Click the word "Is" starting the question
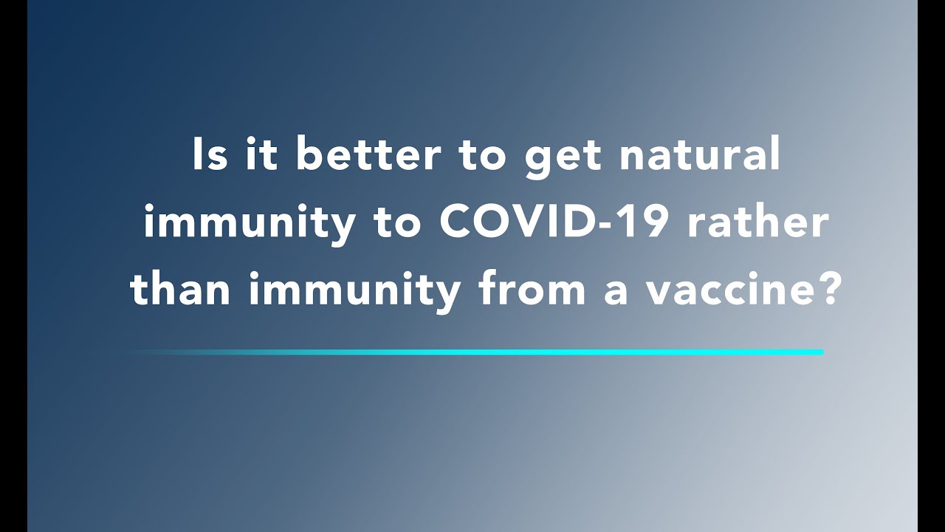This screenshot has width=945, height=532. [210, 154]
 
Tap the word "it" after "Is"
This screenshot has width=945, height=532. [261, 154]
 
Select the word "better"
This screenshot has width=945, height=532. [368, 154]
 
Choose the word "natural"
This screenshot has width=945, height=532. [700, 154]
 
